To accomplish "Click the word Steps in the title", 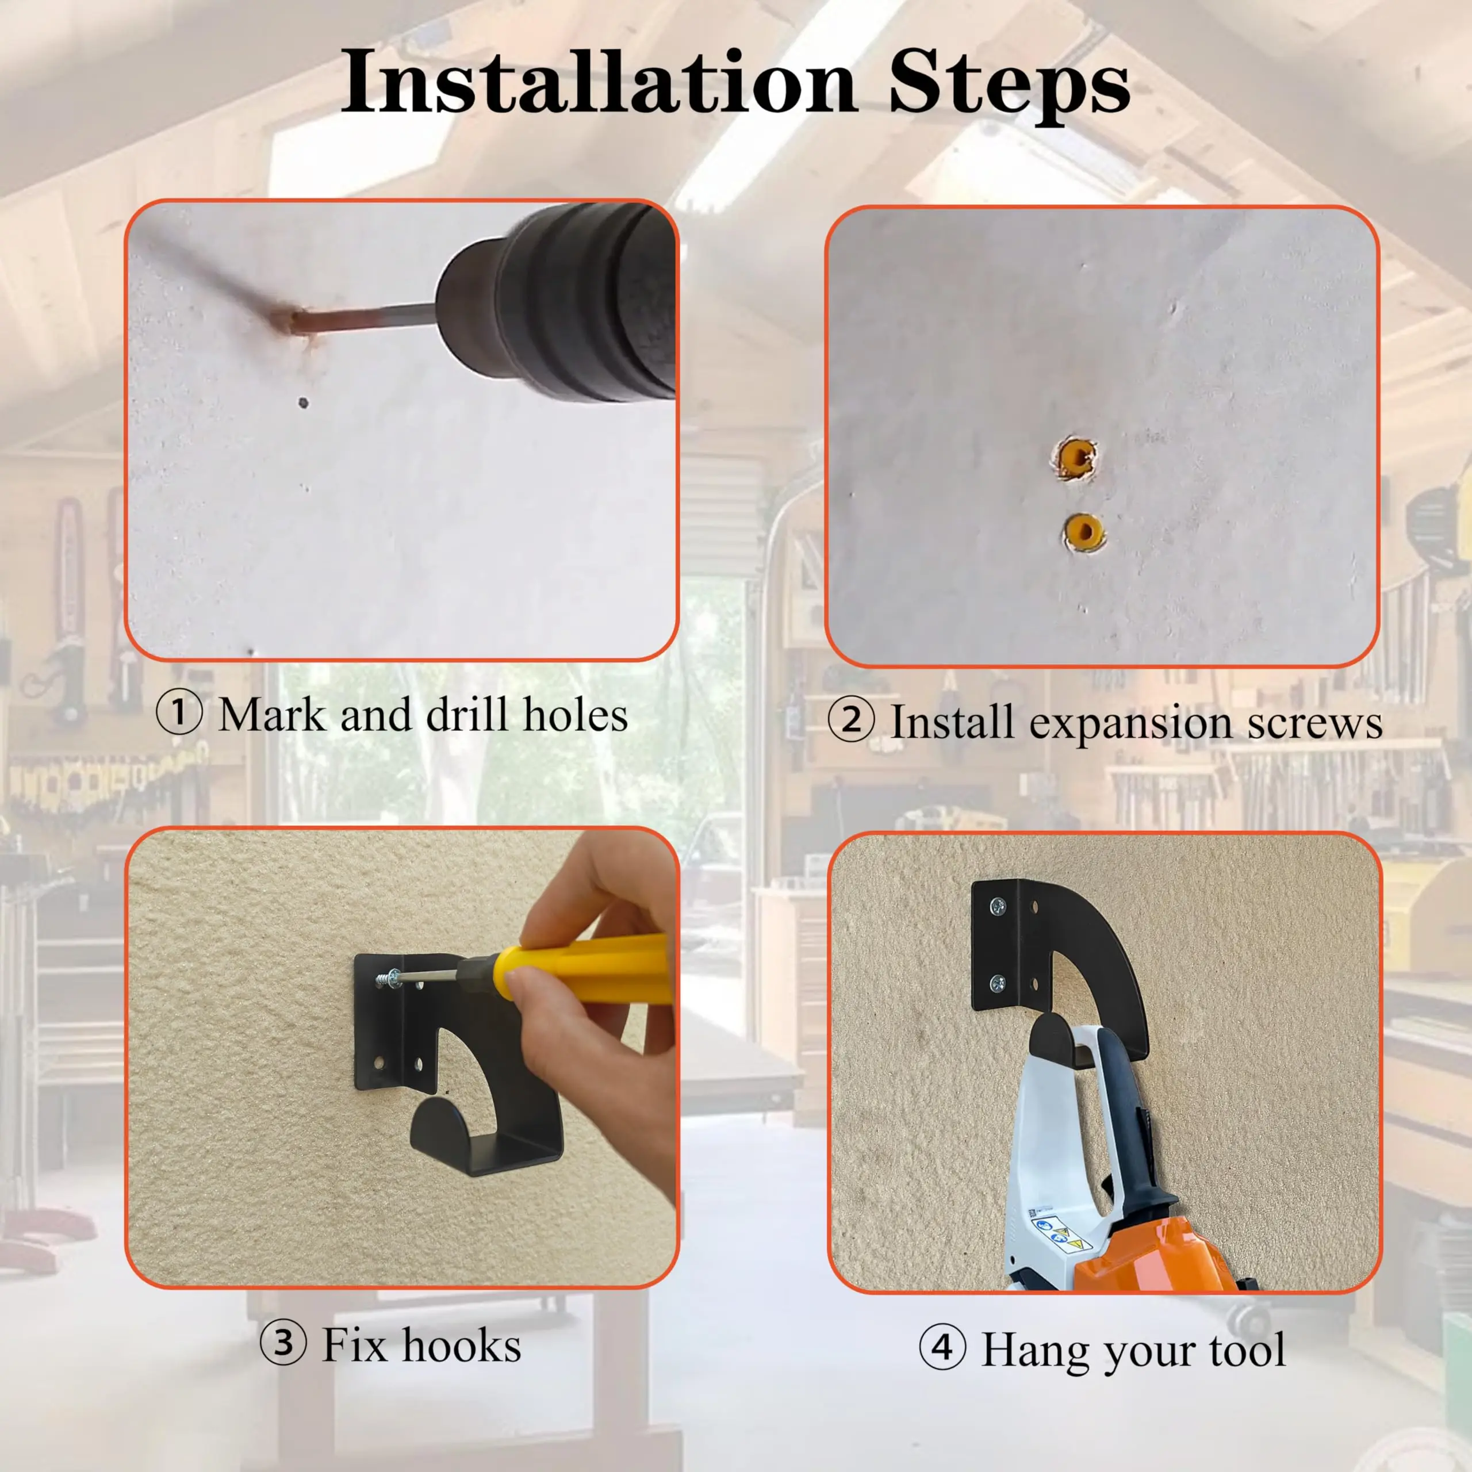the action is click(x=1010, y=85).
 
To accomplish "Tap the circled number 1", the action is click(x=179, y=713).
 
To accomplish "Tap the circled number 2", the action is click(x=851, y=720).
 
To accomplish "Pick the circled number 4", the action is click(x=942, y=1347).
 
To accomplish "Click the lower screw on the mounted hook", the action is click(x=996, y=984).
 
